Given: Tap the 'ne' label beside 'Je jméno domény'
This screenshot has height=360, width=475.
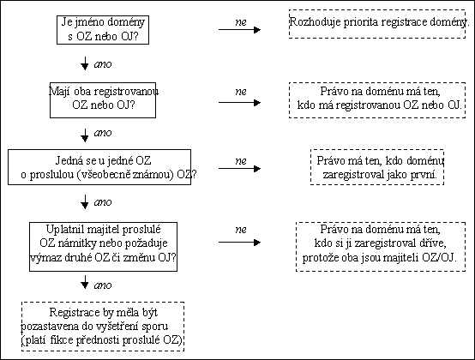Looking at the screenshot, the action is pyautogui.click(x=241, y=22).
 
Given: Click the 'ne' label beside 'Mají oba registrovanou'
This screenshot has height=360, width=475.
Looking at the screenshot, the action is pyautogui.click(x=241, y=92).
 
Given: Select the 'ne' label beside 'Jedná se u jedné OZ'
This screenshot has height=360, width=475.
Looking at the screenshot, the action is pyautogui.click(x=241, y=161).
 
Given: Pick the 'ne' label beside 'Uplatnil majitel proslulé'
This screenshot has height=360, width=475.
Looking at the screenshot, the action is pyautogui.click(x=241, y=230).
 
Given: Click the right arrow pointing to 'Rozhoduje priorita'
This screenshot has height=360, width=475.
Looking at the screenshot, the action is pyautogui.click(x=239, y=30).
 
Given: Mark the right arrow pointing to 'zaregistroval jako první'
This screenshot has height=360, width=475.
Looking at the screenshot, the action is pyautogui.click(x=239, y=169).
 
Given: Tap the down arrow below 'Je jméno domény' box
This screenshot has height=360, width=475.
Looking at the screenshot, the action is pyautogui.click(x=85, y=63).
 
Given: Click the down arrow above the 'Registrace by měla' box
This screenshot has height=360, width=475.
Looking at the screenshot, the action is pyautogui.click(x=85, y=282).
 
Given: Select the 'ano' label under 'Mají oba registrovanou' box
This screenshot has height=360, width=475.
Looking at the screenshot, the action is pyautogui.click(x=103, y=133).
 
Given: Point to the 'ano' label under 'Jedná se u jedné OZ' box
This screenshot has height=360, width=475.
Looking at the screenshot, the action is pyautogui.click(x=103, y=202).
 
